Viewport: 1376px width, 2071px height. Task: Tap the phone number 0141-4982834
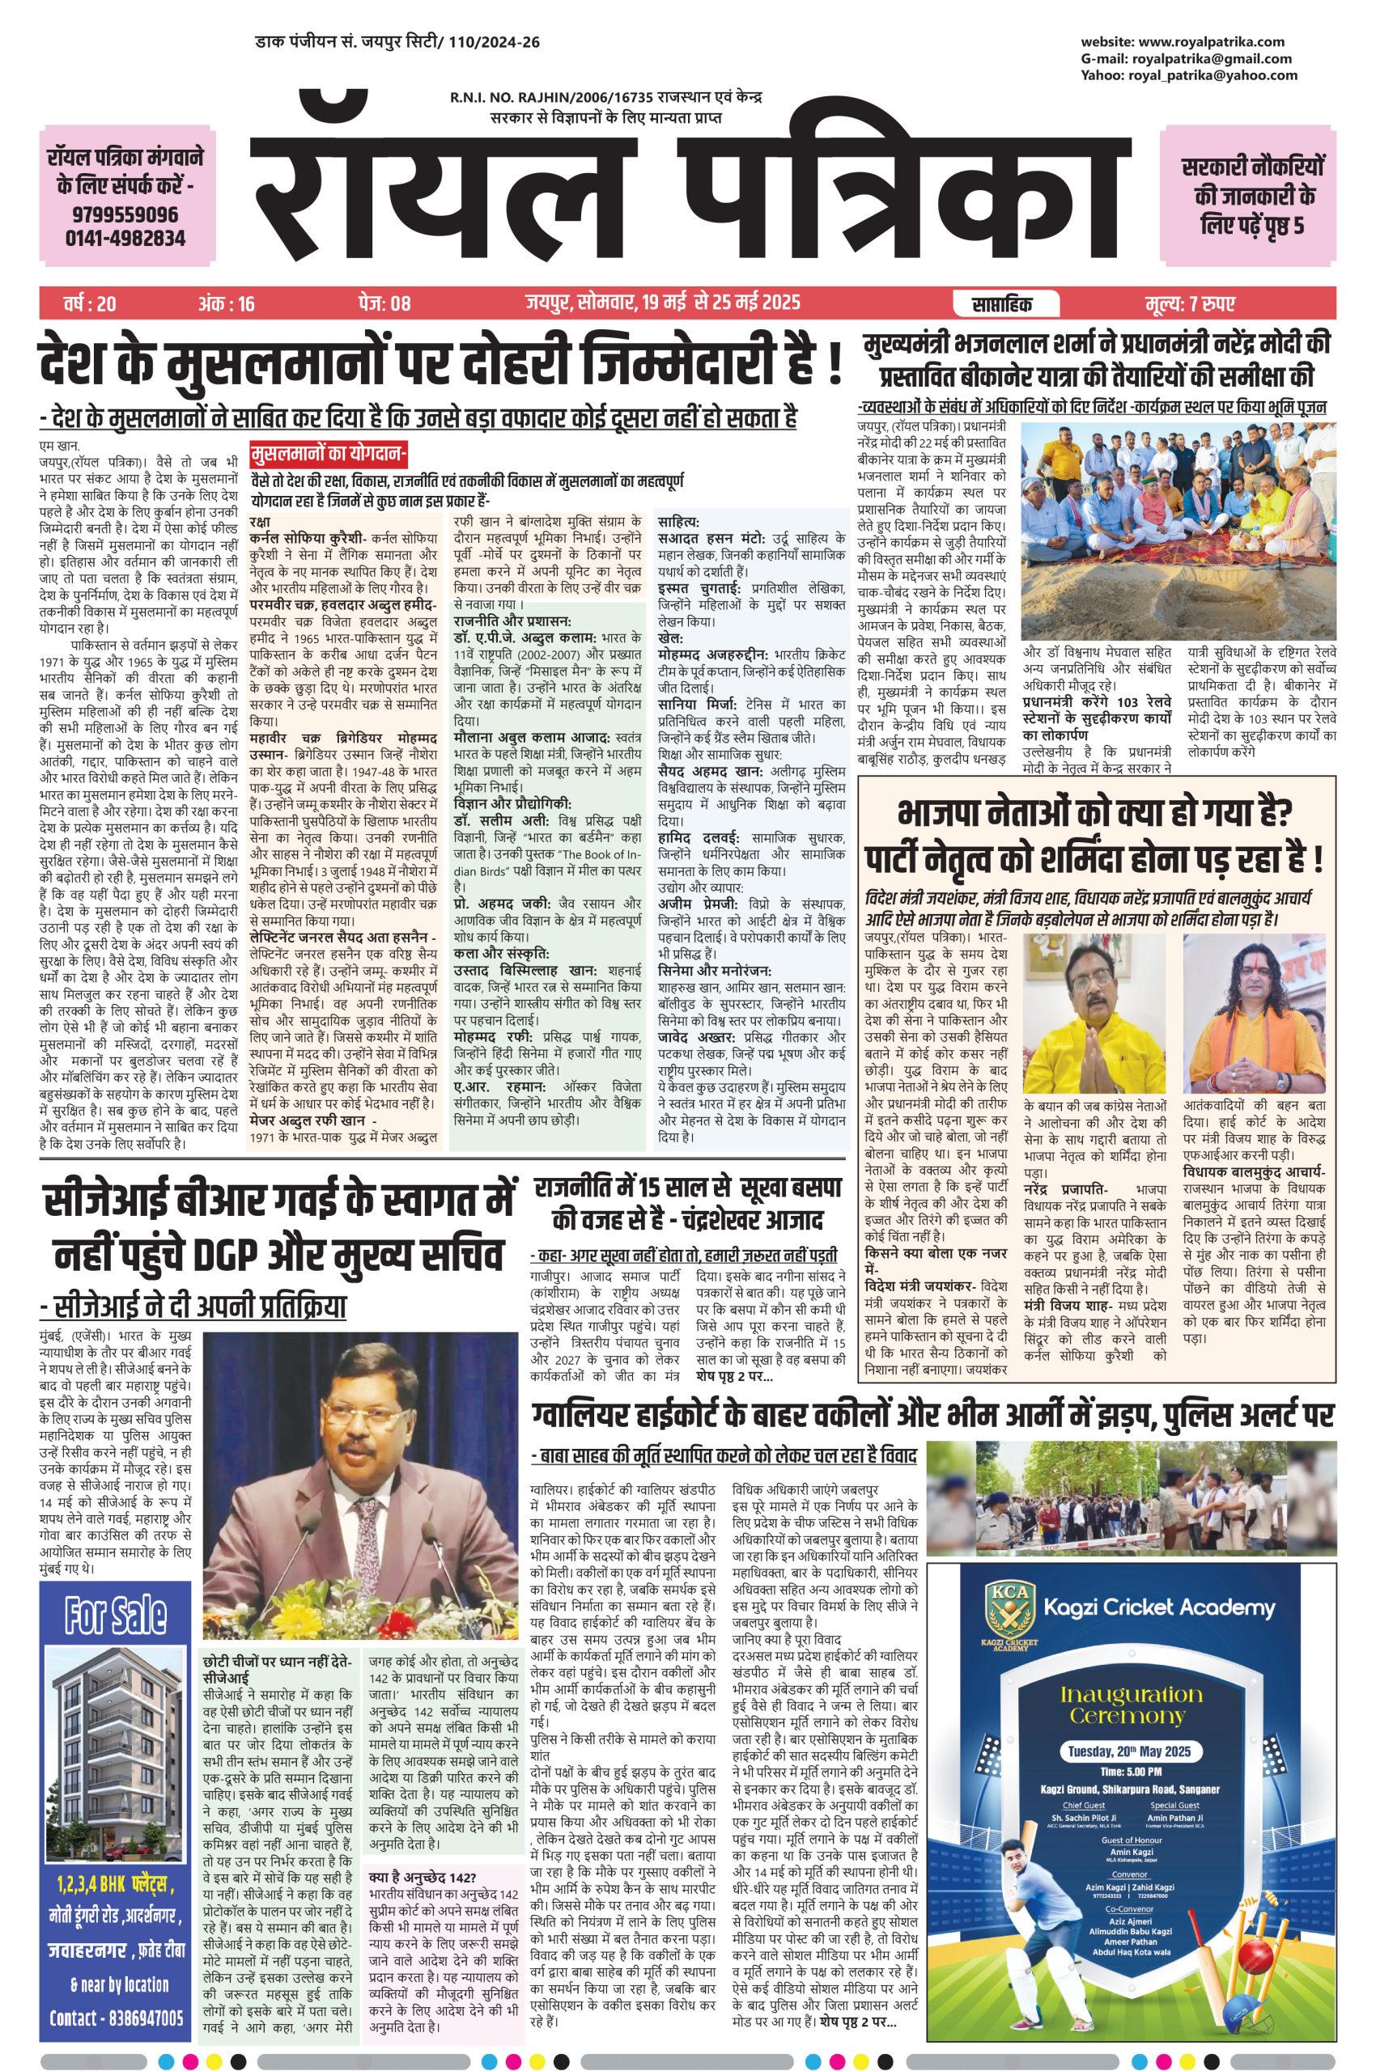[125, 238]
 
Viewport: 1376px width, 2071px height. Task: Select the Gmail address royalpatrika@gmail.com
[1212, 59]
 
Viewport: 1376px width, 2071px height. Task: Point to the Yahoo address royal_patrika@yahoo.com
[1212, 75]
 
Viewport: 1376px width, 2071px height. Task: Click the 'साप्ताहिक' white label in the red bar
[1003, 304]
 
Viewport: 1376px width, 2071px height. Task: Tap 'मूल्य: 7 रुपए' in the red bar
[1190, 304]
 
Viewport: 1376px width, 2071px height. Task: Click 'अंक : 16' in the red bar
[227, 304]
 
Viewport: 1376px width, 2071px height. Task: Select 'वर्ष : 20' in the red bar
[90, 304]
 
